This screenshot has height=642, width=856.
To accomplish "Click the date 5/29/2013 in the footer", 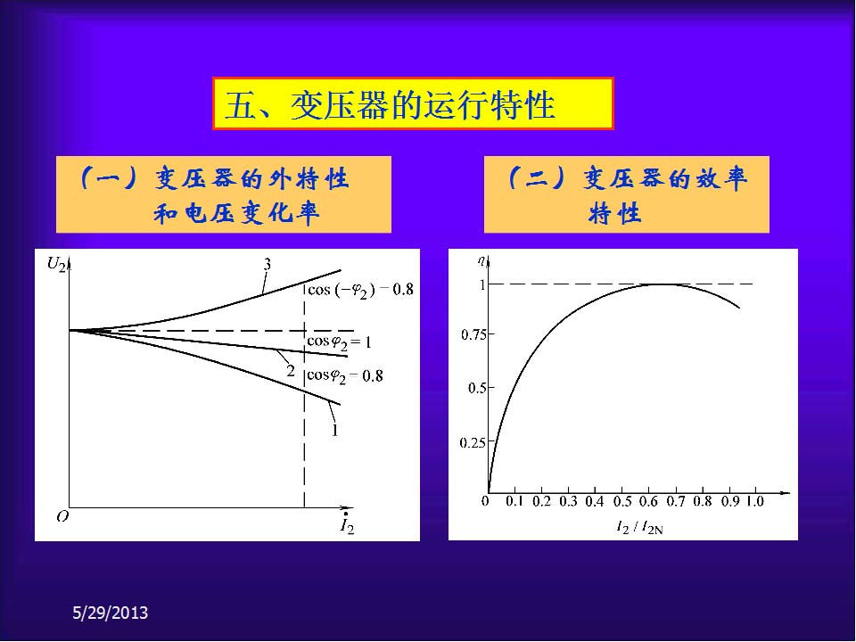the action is pos(111,613).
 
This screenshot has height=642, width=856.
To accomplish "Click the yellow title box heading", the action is pos(413,103).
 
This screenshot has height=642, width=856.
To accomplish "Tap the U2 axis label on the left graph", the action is pos(56,265).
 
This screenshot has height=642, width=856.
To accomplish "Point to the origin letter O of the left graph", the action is pos(62,516).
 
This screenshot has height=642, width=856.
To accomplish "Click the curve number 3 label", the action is pos(267,264).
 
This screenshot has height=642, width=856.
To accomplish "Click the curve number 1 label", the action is pos(334,431).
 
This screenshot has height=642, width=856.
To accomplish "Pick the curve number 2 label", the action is pos(291,371).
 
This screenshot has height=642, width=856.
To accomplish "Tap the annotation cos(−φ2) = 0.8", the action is pos(360,290).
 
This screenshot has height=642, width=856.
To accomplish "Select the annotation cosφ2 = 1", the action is pos(339,342).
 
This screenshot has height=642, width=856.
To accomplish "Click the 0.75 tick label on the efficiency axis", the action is pos(473,334).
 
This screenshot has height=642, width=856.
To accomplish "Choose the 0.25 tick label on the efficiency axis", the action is pos(473,442).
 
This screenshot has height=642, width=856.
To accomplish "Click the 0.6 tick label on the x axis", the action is pos(648,501).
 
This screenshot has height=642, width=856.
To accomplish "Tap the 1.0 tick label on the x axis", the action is pos(755,501).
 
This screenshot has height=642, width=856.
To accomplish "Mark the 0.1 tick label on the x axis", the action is pos(514,501).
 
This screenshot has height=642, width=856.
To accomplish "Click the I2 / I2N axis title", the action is pos(639,527).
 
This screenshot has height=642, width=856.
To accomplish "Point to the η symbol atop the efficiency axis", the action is pos(481,261).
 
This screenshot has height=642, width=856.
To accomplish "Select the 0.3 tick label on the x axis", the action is pos(568,501).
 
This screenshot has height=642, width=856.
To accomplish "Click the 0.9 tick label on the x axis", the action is pos(729,501).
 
